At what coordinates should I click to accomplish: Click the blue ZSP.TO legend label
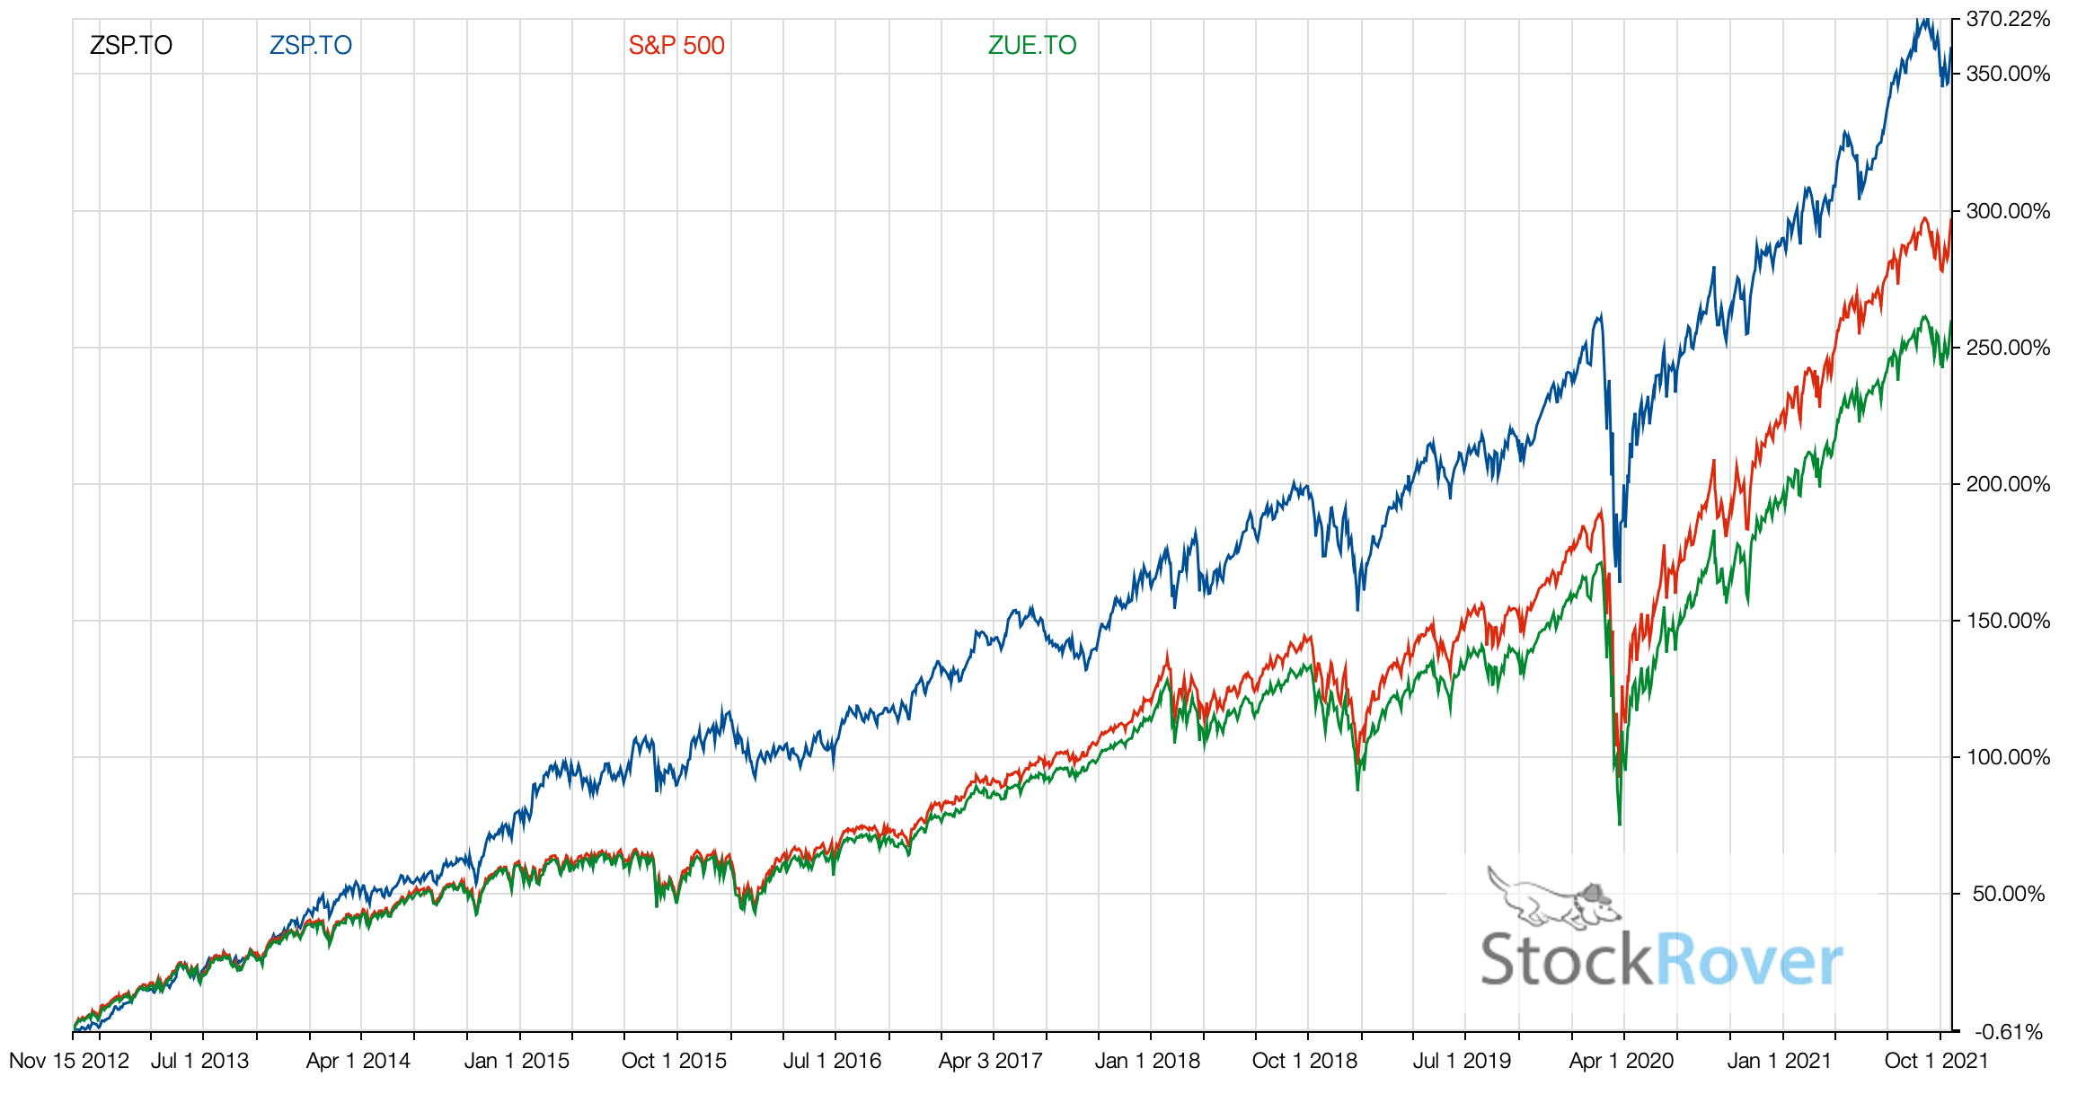[311, 45]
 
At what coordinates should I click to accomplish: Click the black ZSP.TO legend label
[131, 45]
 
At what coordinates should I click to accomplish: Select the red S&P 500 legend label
[676, 45]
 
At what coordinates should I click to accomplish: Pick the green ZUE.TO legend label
[1032, 45]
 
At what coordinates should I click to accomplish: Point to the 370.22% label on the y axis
[2009, 19]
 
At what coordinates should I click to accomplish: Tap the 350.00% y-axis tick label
[2009, 74]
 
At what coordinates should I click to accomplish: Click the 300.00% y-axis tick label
[2009, 211]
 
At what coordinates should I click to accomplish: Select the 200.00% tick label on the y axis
[2009, 484]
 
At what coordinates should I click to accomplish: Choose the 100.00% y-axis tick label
[2009, 757]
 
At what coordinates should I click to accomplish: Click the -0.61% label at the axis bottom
[2012, 1032]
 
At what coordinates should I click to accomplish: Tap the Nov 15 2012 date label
[69, 1061]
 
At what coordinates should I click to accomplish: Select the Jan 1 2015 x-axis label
[517, 1061]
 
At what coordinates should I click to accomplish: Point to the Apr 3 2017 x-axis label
[990, 1061]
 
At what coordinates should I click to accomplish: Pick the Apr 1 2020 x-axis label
[1622, 1061]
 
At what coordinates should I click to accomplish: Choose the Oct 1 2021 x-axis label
[1936, 1061]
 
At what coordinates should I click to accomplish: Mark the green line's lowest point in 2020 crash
[1620, 824]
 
